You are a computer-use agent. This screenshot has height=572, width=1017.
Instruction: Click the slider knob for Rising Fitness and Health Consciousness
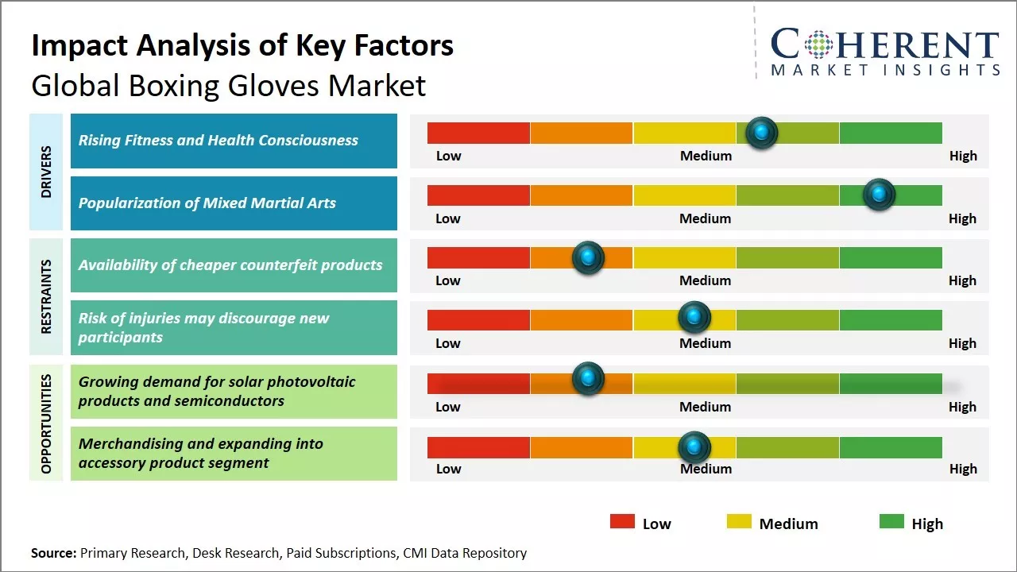click(762, 133)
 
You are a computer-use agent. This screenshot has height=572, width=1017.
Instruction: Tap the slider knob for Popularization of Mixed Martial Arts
click(879, 195)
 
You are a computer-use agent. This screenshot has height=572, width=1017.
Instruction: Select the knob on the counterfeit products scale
click(588, 257)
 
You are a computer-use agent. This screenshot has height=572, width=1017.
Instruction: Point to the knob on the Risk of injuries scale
click(694, 318)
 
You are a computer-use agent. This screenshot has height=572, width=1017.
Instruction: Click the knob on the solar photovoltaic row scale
click(588, 378)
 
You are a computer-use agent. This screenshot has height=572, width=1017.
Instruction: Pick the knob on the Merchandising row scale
click(694, 447)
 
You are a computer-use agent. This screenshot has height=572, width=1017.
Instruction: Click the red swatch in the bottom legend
click(622, 522)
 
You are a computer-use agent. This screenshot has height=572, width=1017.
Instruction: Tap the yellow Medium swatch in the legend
click(739, 522)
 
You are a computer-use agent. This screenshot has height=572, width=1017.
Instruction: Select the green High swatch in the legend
click(891, 522)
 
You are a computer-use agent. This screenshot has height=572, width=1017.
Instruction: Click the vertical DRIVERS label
click(46, 172)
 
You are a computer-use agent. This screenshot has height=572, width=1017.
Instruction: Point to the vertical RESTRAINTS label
click(46, 296)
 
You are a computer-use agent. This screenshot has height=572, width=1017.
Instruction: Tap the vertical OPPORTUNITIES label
click(46, 423)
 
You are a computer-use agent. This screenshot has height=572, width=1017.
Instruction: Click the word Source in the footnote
click(53, 553)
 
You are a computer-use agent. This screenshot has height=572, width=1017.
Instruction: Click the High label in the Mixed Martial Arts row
click(962, 218)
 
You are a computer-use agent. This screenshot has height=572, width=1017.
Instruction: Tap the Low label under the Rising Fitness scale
click(448, 156)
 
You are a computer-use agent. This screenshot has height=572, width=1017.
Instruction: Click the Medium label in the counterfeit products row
click(706, 280)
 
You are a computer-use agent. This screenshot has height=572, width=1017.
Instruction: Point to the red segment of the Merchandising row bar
click(478, 447)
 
